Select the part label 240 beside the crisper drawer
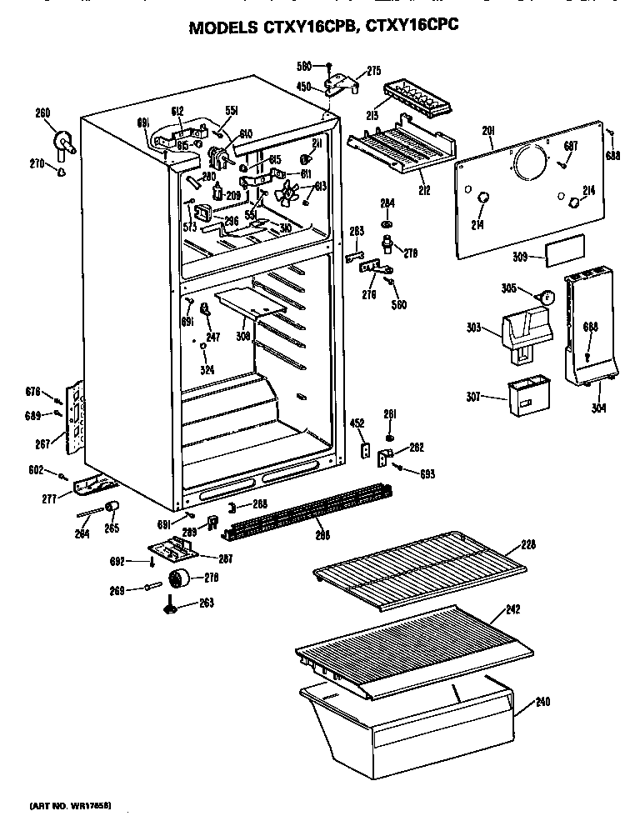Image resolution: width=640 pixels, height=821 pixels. (x=542, y=701)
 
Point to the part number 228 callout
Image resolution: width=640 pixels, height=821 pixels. (x=527, y=545)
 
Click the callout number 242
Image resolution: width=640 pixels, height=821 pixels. (x=512, y=609)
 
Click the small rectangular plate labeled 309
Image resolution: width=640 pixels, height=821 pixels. (x=564, y=250)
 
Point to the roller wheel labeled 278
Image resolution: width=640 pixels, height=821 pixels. (x=177, y=579)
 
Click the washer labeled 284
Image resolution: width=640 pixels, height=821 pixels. (x=387, y=224)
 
